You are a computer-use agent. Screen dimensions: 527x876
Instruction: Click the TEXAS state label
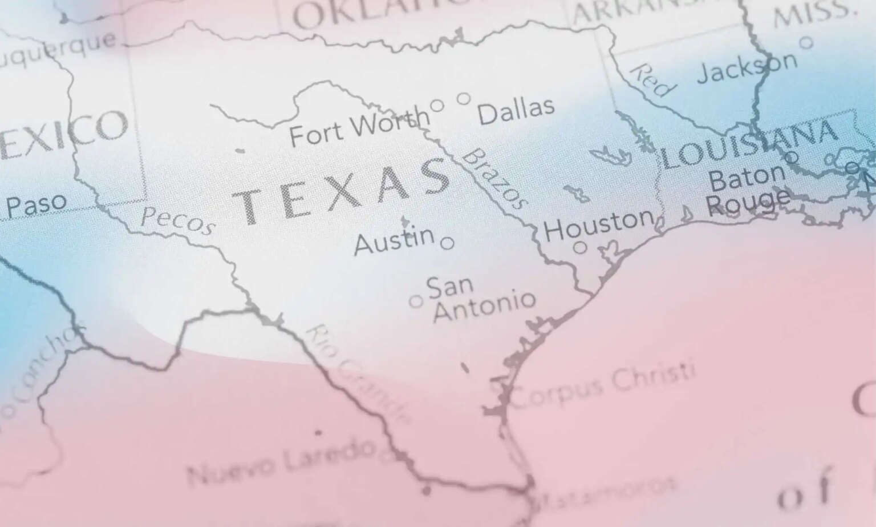[342, 192]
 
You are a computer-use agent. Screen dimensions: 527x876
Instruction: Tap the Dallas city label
[516, 111]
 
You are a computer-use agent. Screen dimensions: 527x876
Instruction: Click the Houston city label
[599, 224]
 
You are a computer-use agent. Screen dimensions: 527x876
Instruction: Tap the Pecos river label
[177, 220]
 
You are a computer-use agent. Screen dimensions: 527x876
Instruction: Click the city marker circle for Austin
[448, 243]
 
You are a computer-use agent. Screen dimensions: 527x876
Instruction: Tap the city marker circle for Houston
[580, 247]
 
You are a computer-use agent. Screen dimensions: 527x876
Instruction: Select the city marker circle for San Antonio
[416, 301]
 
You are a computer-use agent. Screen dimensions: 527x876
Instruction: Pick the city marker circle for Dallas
[464, 99]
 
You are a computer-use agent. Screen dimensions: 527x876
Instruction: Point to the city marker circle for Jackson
[806, 42]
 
